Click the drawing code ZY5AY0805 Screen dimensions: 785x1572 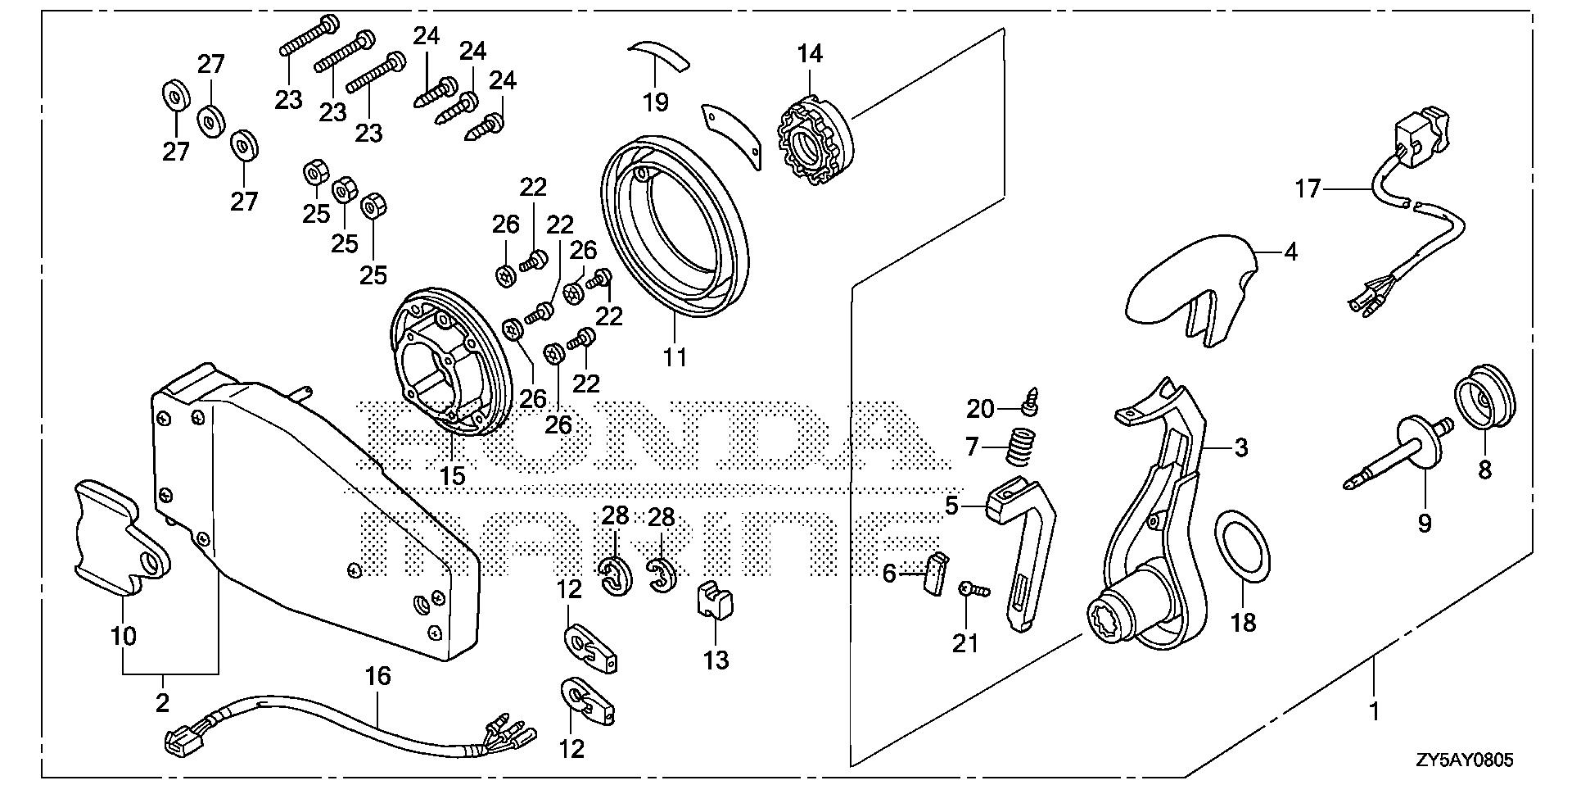1465,760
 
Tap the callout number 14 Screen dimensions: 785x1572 810,54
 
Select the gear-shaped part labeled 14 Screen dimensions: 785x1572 814,139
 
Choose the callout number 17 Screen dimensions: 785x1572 1308,189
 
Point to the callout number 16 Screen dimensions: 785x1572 378,677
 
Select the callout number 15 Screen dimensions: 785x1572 452,475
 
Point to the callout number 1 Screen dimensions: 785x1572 1375,710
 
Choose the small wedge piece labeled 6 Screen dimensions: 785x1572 935,571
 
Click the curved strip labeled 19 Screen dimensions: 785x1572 659,57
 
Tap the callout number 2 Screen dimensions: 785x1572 162,701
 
